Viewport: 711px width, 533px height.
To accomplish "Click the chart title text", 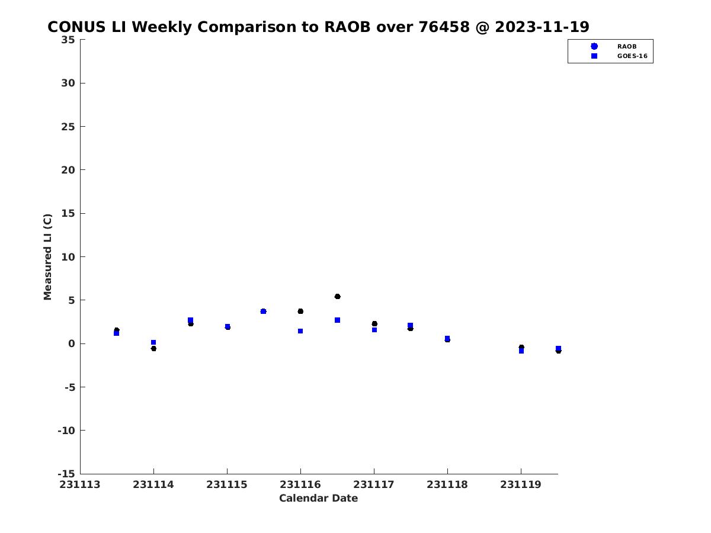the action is click(x=318, y=27).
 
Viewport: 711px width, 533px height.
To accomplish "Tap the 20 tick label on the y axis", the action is click(x=68, y=170).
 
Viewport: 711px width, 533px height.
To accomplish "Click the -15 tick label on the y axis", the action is click(x=66, y=474).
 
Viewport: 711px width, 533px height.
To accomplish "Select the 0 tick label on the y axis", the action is click(x=72, y=343).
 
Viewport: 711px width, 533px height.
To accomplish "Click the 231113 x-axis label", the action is click(x=80, y=485).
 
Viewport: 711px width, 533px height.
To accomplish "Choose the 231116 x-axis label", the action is click(x=300, y=485).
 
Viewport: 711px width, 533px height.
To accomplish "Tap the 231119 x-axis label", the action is click(x=521, y=485).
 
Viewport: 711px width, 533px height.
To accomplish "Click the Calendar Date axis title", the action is click(x=318, y=499).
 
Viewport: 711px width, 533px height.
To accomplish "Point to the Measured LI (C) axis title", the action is click(x=47, y=257).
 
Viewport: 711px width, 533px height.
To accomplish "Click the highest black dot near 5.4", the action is click(x=337, y=297).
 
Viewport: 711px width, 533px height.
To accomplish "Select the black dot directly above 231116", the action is click(x=300, y=312).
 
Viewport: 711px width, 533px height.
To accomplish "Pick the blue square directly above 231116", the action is click(x=300, y=331).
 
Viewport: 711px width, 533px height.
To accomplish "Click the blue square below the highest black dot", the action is click(x=337, y=320).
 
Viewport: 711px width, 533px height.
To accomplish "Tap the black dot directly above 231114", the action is click(x=153, y=349).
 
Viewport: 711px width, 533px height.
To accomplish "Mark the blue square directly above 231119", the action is click(x=521, y=351).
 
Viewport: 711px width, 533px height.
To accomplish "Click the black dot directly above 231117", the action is click(x=374, y=323).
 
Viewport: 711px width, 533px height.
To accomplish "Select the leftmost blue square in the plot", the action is click(x=116, y=333).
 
